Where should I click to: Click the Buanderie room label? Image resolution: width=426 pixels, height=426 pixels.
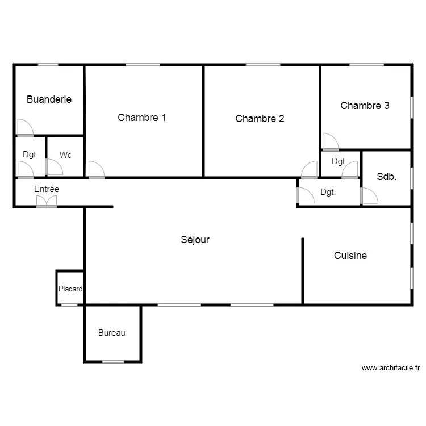pos(49,99)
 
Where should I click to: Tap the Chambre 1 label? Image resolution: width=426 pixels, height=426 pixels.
pos(142,118)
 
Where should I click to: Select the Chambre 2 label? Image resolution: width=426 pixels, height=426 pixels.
pos(260,119)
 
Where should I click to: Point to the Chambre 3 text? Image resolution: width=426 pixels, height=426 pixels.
pos(365,106)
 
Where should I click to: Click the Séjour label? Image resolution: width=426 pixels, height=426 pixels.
pos(195,240)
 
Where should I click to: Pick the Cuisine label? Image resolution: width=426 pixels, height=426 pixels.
pos(350,256)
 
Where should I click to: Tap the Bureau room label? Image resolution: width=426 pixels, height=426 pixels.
pos(112,333)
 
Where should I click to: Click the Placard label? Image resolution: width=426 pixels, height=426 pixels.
pos(70,289)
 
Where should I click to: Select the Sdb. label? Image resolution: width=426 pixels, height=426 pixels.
pos(387,177)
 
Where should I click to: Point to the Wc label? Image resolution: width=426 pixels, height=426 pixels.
pos(65,155)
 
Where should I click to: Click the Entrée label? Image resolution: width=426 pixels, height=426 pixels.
pos(47,189)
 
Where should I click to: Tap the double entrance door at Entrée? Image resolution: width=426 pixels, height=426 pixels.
pos(47,202)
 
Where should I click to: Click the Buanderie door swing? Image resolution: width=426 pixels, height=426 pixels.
pos(25,128)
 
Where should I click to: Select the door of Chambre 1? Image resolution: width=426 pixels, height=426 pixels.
pos(97,170)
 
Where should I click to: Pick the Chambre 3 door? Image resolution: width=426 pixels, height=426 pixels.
pos(331,142)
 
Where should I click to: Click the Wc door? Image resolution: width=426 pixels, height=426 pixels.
pos(55,167)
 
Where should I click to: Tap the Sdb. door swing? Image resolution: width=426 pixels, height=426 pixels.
pos(369,195)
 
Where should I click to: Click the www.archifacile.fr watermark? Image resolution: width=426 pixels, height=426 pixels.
pos(391,368)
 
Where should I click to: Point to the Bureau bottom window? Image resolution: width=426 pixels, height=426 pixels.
pos(113,362)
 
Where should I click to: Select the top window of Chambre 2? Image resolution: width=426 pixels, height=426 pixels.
pos(263,65)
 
